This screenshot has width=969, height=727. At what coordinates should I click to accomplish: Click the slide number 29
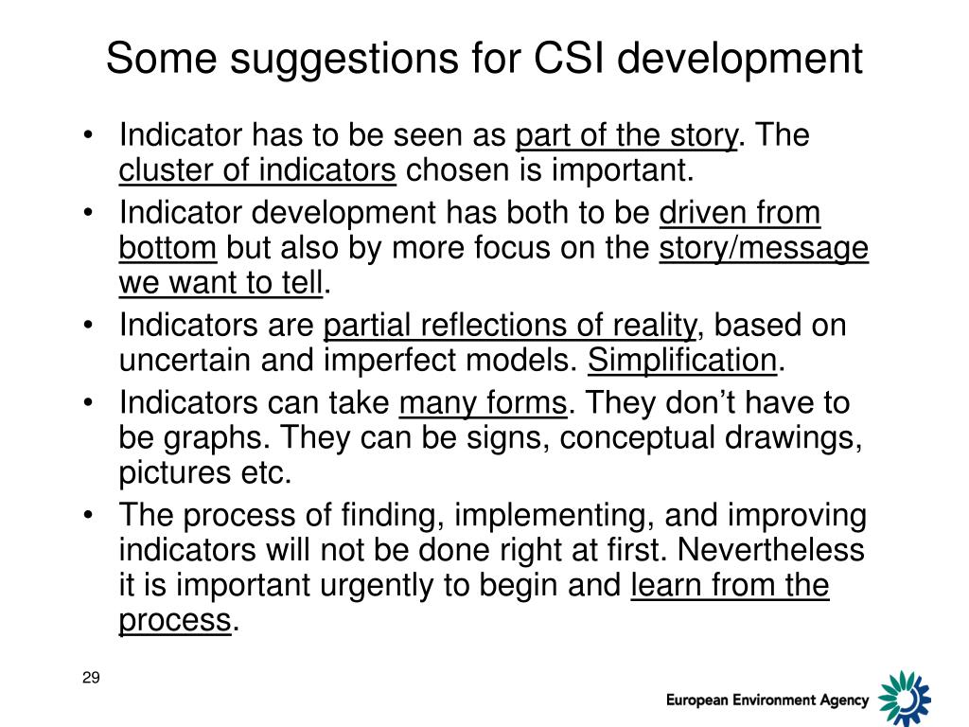[91, 677]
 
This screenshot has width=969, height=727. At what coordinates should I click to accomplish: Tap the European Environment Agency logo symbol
[904, 699]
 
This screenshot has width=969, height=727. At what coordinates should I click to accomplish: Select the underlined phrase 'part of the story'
[625, 136]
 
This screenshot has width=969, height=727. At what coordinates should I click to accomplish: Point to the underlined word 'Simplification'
[682, 361]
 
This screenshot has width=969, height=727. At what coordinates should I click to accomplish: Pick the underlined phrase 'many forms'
[483, 404]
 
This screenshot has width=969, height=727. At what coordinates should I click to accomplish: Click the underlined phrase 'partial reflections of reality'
[510, 326]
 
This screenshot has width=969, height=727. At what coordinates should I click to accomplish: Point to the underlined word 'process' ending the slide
[175, 621]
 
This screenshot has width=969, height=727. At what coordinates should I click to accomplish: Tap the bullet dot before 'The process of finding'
[88, 517]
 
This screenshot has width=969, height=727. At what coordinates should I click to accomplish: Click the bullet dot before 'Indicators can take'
[88, 404]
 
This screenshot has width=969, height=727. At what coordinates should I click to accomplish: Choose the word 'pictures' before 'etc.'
[177, 473]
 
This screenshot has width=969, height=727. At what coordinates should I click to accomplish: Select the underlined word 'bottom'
[168, 248]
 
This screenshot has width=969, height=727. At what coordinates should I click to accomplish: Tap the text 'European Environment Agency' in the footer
[766, 700]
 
